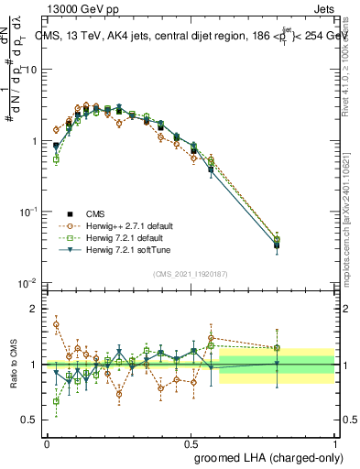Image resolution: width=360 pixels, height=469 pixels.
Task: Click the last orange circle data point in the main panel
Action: [x=278, y=241]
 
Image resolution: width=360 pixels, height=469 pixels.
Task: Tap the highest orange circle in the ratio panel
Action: [x=57, y=324]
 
